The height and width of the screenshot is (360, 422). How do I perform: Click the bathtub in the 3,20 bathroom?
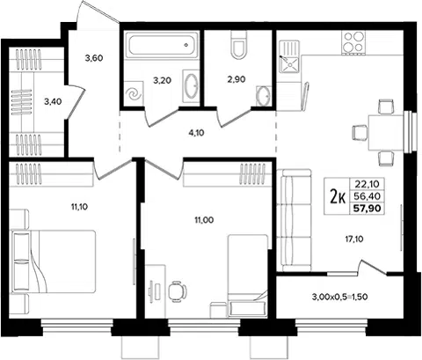pos(162,45)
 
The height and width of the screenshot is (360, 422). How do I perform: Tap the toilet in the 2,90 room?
pos(239,44)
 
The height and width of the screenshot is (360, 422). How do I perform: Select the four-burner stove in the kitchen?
pos(354,43)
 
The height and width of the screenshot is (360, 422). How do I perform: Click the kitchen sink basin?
pos(289,64)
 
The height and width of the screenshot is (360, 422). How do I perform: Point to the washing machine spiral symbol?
pos(134,94)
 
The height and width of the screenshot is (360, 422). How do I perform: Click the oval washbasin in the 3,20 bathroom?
pos(191,86)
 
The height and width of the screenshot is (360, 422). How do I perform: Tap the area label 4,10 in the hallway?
pos(196,133)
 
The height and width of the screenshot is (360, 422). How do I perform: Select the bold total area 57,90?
pos(367,209)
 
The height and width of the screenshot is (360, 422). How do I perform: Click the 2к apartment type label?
pos(338,196)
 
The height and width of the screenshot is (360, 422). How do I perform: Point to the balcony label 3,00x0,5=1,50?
pos(340,297)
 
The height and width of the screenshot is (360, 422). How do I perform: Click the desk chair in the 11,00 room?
pos(178,291)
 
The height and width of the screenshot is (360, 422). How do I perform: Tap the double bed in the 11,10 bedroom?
pos(53,261)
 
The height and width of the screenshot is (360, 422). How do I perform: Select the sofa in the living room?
pos(294,220)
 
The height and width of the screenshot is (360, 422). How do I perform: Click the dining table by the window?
pos(386,133)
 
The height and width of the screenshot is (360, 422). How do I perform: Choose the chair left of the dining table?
pos(360,133)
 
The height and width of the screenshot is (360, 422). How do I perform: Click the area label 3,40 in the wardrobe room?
pos(53,102)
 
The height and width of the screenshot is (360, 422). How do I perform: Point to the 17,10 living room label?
pos(353,239)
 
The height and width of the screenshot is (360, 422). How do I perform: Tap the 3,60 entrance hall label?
pos(94,58)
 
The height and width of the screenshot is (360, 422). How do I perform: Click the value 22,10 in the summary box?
pos(367,184)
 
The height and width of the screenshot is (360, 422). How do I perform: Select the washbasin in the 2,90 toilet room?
pos(264,96)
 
